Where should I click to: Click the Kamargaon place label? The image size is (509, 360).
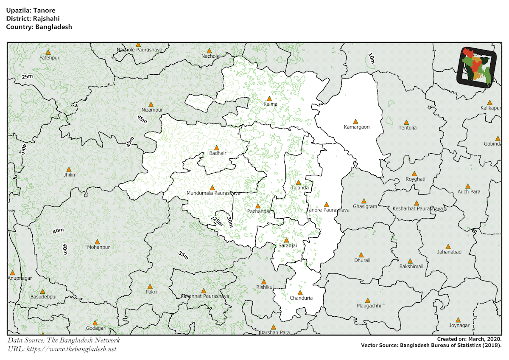point(356,127)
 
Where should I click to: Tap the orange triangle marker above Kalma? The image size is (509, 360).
point(269,98)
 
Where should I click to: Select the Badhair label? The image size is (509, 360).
point(218,153)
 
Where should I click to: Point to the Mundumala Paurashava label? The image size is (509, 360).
point(213,193)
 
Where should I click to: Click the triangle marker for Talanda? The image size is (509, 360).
point(298,182)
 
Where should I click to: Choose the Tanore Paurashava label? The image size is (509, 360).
point(328,210)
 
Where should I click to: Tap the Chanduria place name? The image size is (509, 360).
point(301,298)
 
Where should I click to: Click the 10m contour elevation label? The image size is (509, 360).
point(371,59)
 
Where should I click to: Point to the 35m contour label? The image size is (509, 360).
point(183,255)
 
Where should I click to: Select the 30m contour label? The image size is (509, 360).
point(229,222)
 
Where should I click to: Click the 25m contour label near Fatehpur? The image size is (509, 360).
point(27,76)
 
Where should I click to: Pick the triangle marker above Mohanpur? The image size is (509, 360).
point(97,241)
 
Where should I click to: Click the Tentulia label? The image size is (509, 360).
point(407,128)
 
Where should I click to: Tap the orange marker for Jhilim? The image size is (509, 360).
point(69,169)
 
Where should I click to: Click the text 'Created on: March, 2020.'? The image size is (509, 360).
point(470,339)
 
